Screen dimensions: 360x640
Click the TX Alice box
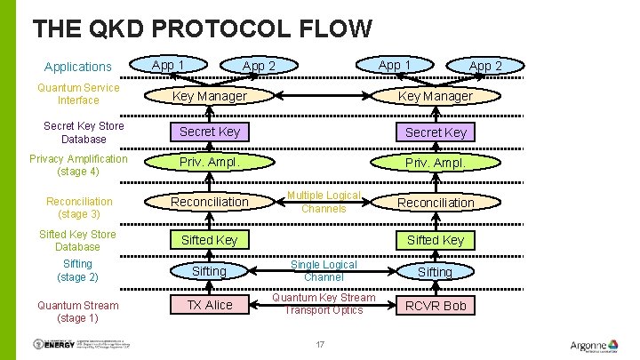[x=210, y=305]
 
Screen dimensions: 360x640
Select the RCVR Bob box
[x=436, y=306]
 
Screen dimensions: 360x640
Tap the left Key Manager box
[x=210, y=95]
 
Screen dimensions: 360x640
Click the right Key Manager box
[x=436, y=96]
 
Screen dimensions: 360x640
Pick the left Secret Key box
[x=210, y=132]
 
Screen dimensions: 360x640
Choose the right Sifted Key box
[x=436, y=240]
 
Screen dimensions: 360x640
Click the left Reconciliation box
[x=210, y=202]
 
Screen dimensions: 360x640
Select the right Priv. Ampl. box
[x=436, y=164]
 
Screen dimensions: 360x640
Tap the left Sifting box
[x=210, y=271]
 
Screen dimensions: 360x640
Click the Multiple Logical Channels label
[x=324, y=202]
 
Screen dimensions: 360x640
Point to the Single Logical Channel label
[x=324, y=271]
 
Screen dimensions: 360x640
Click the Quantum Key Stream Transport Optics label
[x=324, y=304]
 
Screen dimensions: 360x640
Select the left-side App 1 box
[x=169, y=65]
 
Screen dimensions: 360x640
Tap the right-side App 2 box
[x=485, y=67]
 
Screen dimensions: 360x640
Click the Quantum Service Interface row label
[x=78, y=94]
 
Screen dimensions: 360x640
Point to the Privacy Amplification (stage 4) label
[x=78, y=165]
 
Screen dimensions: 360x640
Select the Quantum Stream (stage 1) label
[x=78, y=311]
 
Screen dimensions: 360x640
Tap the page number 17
[x=321, y=344]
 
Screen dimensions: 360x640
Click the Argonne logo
[x=597, y=345]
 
